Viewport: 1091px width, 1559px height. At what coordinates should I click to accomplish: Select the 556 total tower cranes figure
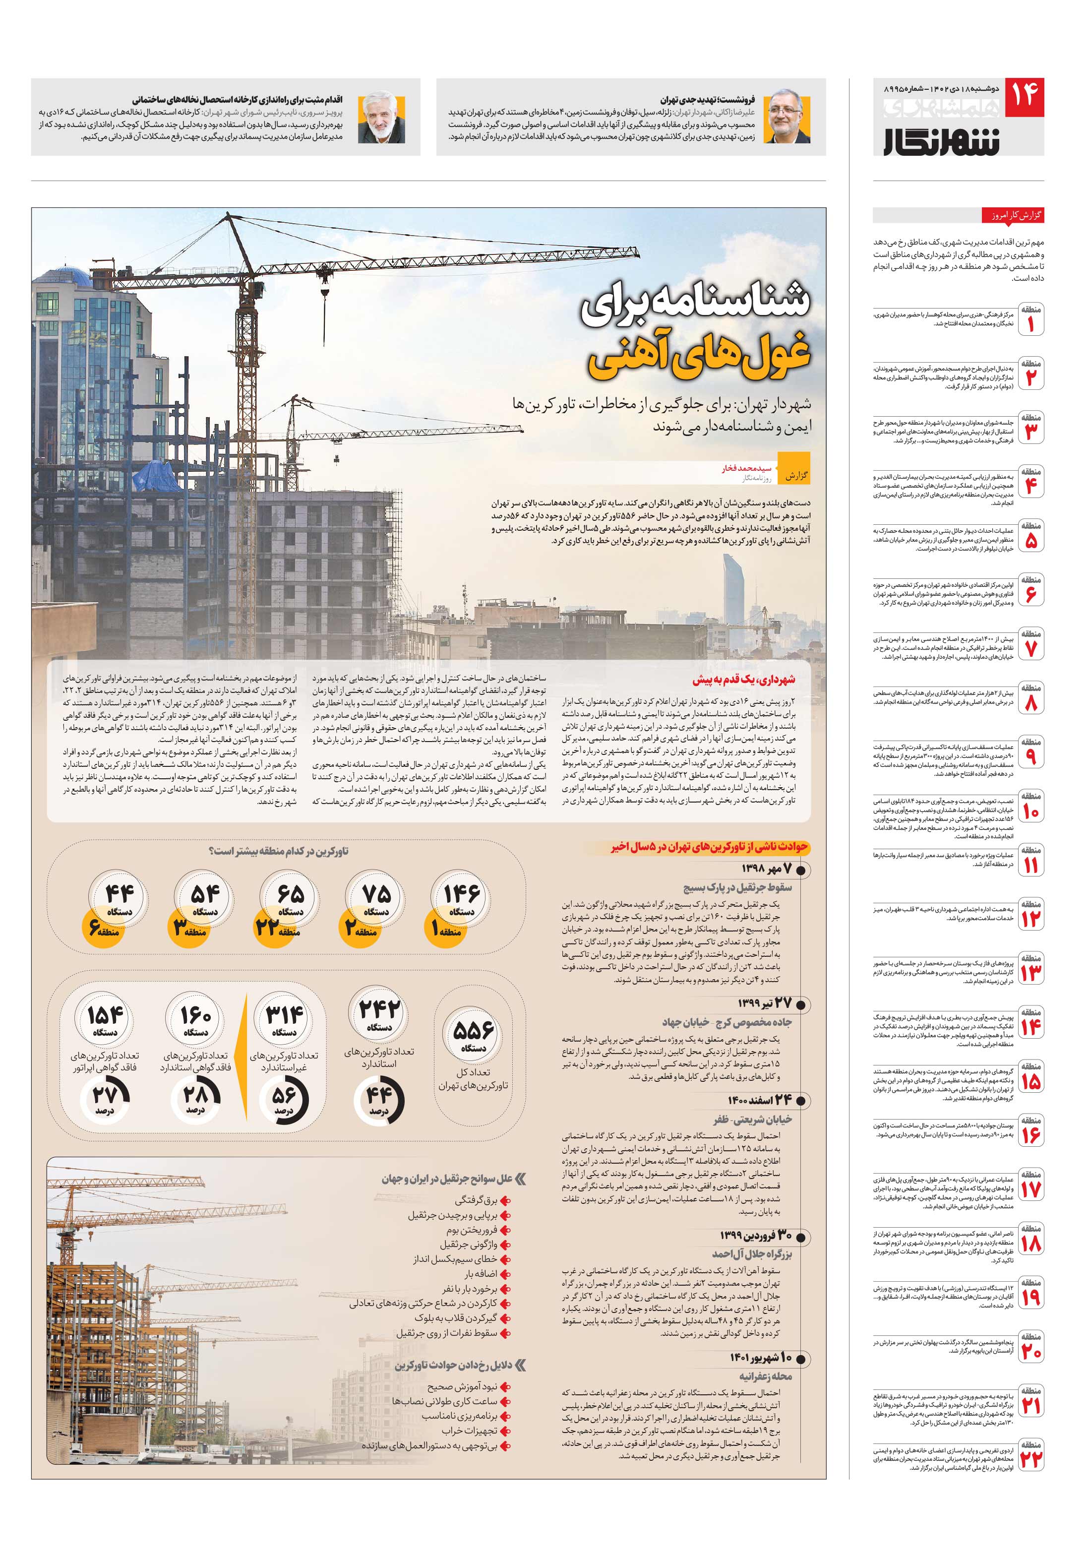point(473,1033)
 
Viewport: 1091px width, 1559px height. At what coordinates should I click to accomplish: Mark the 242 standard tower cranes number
point(379,1012)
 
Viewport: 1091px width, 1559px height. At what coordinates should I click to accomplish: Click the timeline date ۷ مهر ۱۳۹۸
point(767,869)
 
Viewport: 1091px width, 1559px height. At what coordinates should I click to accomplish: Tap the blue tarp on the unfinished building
point(156,477)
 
